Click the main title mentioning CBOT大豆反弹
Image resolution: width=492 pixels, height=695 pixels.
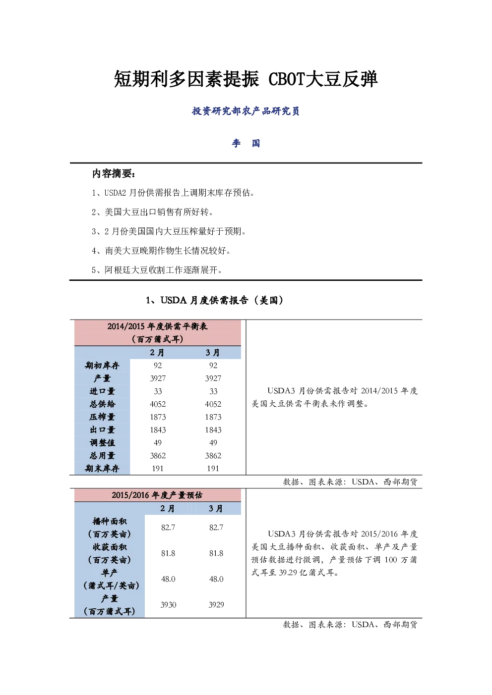246,79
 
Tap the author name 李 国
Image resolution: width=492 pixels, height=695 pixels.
246,143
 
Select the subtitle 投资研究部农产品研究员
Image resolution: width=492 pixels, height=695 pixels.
246,111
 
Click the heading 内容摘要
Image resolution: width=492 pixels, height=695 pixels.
114,174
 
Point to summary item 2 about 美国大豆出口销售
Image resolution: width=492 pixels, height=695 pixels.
152,212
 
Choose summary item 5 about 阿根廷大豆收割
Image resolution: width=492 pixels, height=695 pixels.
157,270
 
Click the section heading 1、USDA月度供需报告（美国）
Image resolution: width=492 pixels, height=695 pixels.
215,300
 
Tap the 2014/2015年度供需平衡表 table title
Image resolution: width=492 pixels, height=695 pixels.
158,332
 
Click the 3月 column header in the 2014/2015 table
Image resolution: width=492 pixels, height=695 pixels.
213,353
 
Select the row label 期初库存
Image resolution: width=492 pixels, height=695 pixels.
102,366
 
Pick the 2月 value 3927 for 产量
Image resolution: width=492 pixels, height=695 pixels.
158,378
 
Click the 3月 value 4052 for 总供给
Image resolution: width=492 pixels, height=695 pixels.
213,404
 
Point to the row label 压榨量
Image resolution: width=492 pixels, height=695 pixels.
102,417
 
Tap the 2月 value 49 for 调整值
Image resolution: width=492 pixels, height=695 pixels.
158,443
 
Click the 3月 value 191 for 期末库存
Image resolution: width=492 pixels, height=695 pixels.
213,469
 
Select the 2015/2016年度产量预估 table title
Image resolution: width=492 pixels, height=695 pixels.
157,495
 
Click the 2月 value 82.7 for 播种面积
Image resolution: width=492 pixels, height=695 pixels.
168,528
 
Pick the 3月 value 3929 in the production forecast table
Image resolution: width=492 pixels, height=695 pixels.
216,605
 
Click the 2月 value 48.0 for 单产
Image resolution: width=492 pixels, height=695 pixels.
168,579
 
